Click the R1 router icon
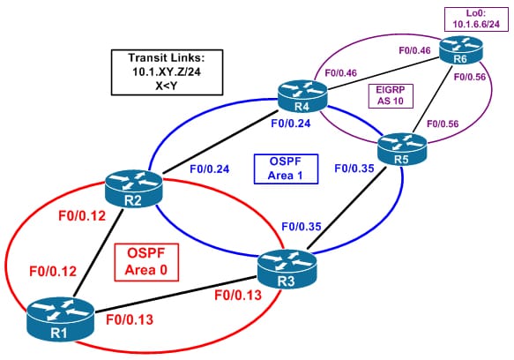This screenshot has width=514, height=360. [x=60, y=319]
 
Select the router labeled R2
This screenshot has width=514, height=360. [x=134, y=189]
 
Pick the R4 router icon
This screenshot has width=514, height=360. [x=302, y=96]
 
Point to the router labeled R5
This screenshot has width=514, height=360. [x=402, y=149]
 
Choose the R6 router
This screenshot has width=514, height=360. [x=460, y=50]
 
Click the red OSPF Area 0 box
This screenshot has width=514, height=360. [x=146, y=262]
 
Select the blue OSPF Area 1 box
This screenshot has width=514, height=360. [x=286, y=169]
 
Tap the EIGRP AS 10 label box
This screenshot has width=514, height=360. [x=391, y=96]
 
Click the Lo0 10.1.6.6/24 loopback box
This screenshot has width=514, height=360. [x=476, y=19]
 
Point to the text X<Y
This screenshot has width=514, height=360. [x=167, y=86]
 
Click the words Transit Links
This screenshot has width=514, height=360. [x=167, y=58]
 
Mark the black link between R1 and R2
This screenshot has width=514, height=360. [x=99, y=252]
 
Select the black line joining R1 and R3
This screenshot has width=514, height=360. [x=175, y=295]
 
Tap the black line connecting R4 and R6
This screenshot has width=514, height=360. [x=384, y=73]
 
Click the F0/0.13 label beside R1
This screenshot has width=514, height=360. [x=130, y=319]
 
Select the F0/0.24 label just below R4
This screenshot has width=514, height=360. [x=291, y=124]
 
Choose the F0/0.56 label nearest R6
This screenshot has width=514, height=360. [x=470, y=77]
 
